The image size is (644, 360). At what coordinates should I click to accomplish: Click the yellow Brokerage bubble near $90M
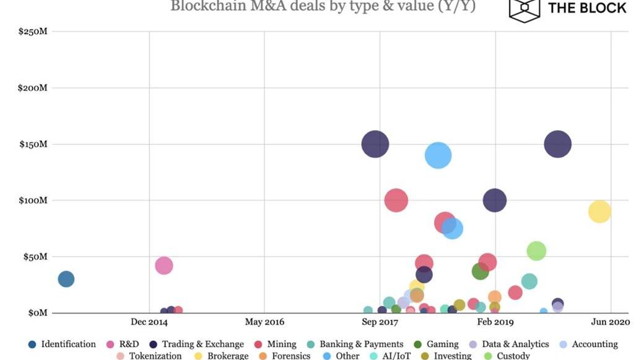(599, 211)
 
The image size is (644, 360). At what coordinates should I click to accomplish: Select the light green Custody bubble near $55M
(536, 251)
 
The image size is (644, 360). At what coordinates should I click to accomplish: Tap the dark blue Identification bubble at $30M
(66, 279)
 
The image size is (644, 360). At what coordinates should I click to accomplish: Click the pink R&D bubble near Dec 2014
(163, 266)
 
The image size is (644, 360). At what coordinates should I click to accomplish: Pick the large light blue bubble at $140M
(438, 155)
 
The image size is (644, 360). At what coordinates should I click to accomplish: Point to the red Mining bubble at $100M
(396, 200)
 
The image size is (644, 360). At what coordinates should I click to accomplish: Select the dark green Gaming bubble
(480, 271)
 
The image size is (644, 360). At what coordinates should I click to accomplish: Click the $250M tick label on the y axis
(33, 32)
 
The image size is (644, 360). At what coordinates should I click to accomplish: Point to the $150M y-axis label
(33, 144)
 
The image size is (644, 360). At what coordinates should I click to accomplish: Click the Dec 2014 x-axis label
(149, 322)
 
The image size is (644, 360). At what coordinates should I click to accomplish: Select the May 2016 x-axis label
(264, 322)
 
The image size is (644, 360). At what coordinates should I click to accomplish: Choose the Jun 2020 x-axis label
(611, 322)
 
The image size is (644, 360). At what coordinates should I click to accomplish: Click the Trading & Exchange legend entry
(202, 345)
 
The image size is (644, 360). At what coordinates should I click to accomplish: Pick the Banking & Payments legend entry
(361, 345)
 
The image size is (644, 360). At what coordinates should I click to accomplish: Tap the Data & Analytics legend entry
(515, 345)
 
